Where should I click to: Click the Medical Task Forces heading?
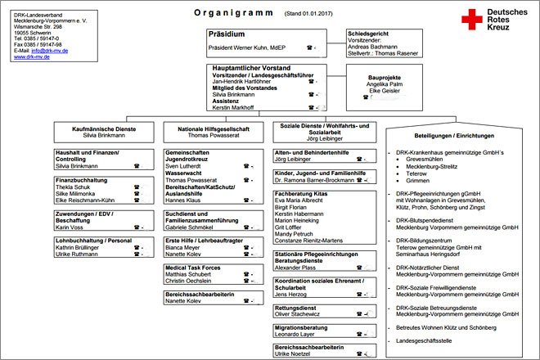pos(194,267)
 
